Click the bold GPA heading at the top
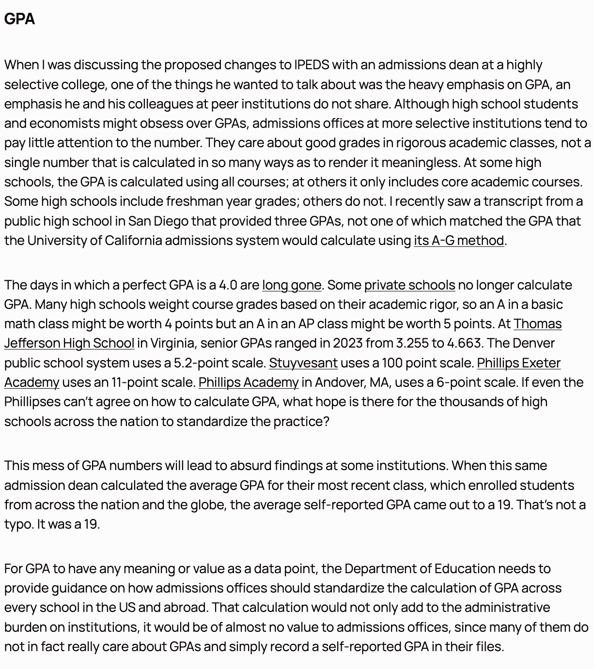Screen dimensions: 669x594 pyautogui.click(x=19, y=19)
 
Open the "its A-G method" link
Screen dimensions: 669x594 pyautogui.click(x=458, y=240)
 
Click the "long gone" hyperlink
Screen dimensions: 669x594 pyautogui.click(x=291, y=285)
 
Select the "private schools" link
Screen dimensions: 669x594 pyautogui.click(x=409, y=285)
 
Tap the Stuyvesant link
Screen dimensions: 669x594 pyautogui.click(x=303, y=363)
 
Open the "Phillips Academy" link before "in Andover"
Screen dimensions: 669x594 pyautogui.click(x=248, y=382)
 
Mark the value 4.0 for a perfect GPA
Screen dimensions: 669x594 pyautogui.click(x=228, y=285)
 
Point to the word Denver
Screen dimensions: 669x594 pyautogui.click(x=533, y=343)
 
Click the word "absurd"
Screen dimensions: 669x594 pyautogui.click(x=250, y=465)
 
